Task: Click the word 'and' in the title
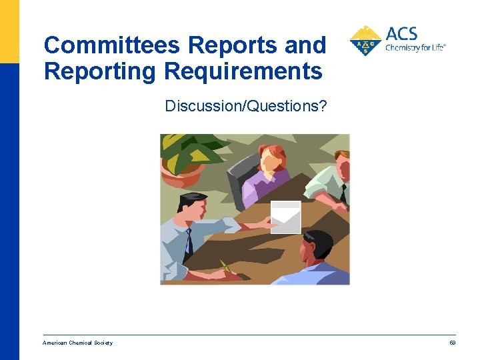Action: click(x=305, y=46)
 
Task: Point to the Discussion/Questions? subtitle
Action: click(x=246, y=105)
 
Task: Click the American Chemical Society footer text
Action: click(x=77, y=343)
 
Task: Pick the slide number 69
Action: click(x=452, y=343)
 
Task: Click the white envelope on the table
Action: click(x=285, y=217)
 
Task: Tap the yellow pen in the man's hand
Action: click(x=226, y=267)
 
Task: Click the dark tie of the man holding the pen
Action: click(x=189, y=239)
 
